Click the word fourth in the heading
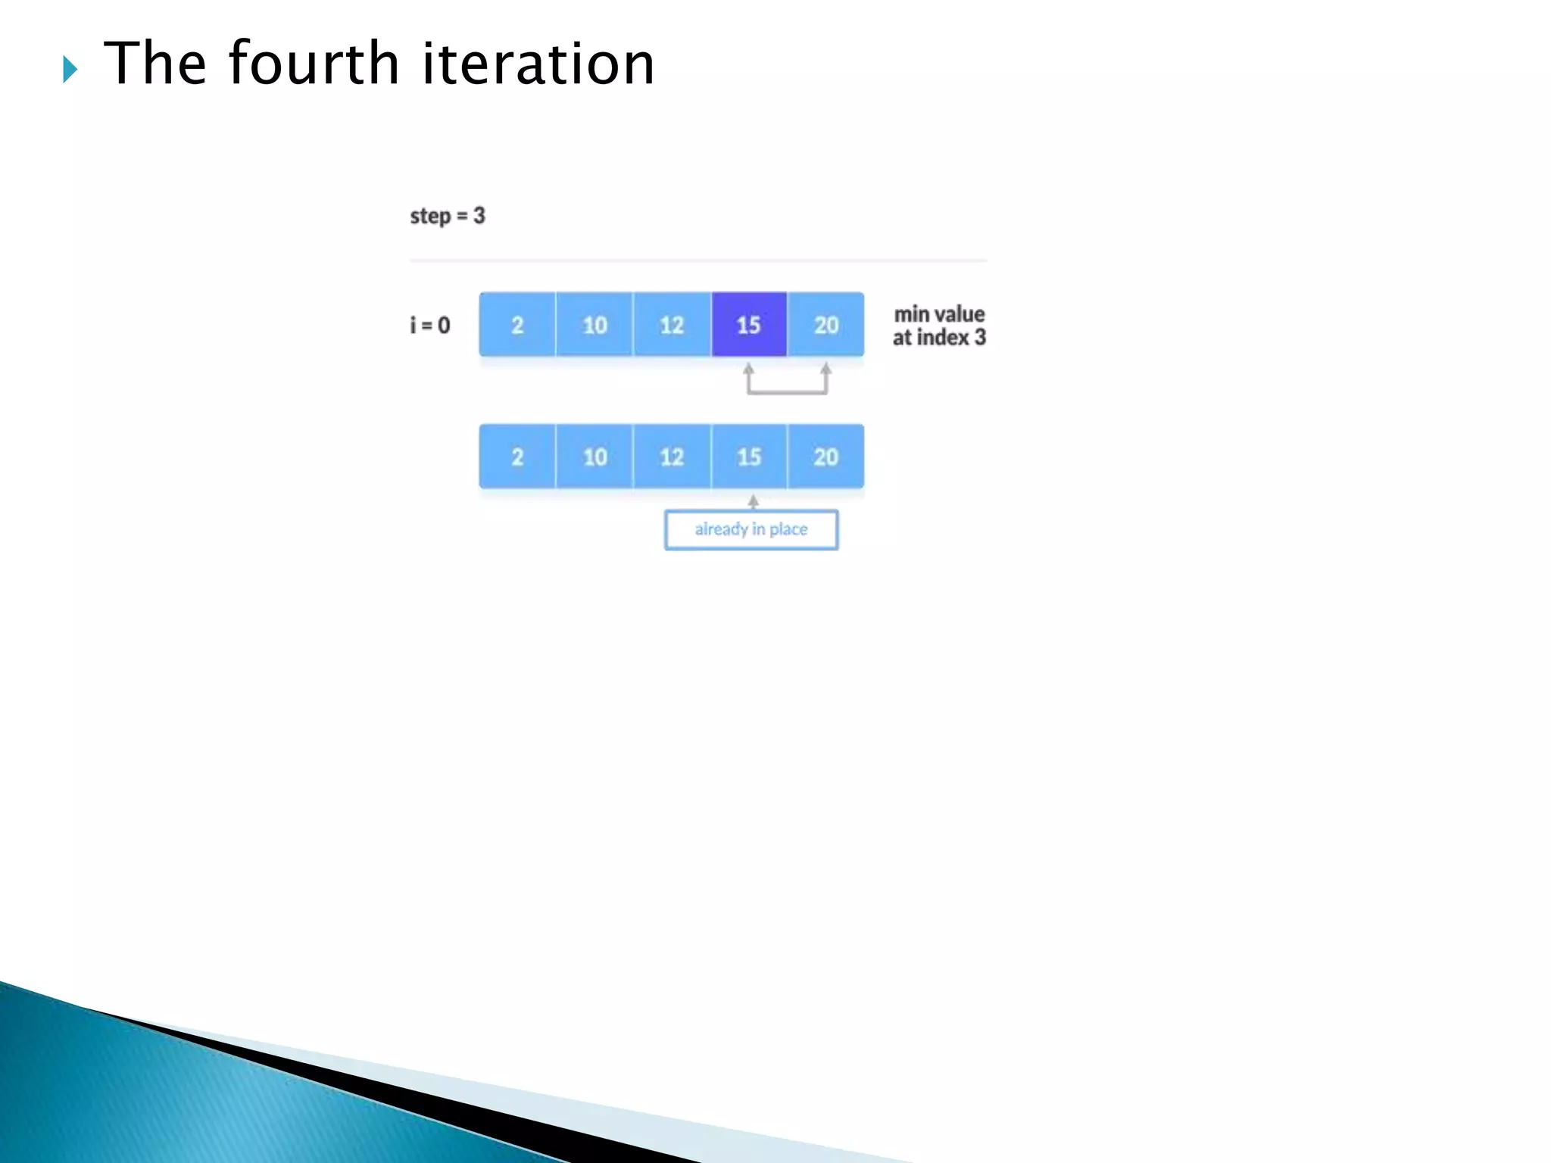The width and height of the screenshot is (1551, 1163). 313,64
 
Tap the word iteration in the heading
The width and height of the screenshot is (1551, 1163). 538,64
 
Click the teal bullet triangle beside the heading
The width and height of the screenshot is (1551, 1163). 70,70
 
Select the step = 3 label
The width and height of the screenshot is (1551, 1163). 447,216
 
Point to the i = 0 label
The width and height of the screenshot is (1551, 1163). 429,326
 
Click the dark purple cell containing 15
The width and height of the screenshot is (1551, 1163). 748,325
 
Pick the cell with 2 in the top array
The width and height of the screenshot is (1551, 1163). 517,325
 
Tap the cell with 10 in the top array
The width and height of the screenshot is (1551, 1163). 594,325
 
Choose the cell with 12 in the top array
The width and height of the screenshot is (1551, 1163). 672,325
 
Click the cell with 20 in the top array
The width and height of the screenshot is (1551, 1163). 825,325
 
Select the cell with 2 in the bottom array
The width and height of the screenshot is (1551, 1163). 517,457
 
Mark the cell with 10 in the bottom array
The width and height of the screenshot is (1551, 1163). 594,457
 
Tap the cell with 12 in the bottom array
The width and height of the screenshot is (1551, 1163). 672,457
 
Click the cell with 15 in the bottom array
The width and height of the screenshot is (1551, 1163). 749,457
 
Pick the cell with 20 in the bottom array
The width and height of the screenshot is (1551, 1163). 825,457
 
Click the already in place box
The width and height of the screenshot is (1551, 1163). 751,529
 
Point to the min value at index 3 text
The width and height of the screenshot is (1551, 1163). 939,326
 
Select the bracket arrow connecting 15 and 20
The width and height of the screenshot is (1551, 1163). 787,391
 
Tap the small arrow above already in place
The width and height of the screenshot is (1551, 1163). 753,501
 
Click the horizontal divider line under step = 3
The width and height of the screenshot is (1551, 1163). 697,260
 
